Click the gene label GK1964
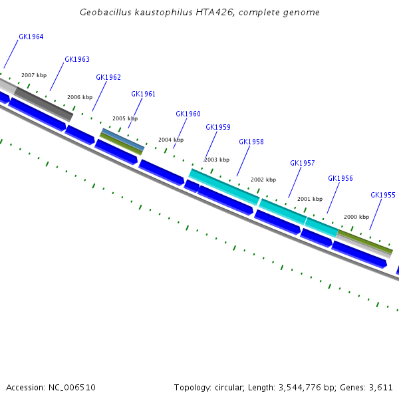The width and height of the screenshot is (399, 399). [x=31, y=37]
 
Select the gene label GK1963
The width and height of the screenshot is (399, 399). [x=77, y=60]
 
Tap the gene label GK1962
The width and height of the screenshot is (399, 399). [x=108, y=78]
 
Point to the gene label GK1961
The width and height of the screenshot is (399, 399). [x=143, y=94]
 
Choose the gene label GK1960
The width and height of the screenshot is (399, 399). [x=188, y=114]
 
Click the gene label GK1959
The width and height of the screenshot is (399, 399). [x=218, y=128]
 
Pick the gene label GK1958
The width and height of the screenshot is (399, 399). [x=251, y=142]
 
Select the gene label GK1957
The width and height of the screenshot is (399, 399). [x=303, y=164]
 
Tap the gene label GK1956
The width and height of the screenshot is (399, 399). [x=340, y=179]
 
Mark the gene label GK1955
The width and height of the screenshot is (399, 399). [x=383, y=196]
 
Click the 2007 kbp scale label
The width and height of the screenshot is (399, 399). [x=34, y=76]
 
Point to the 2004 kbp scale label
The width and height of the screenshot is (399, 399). [x=171, y=140]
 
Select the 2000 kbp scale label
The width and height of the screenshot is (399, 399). [x=356, y=217]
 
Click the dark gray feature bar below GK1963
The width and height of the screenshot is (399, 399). [x=44, y=104]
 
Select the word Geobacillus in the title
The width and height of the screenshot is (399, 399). [x=102, y=13]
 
